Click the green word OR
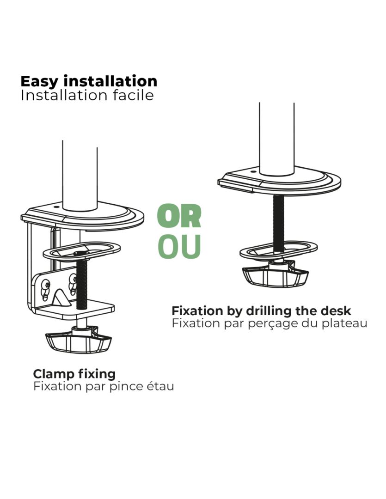coord(179,217)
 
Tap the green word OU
coord(179,247)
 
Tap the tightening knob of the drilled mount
coord(276,276)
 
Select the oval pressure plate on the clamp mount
coord(81,251)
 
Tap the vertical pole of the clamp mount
coord(80,176)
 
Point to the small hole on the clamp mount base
coord(56,207)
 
